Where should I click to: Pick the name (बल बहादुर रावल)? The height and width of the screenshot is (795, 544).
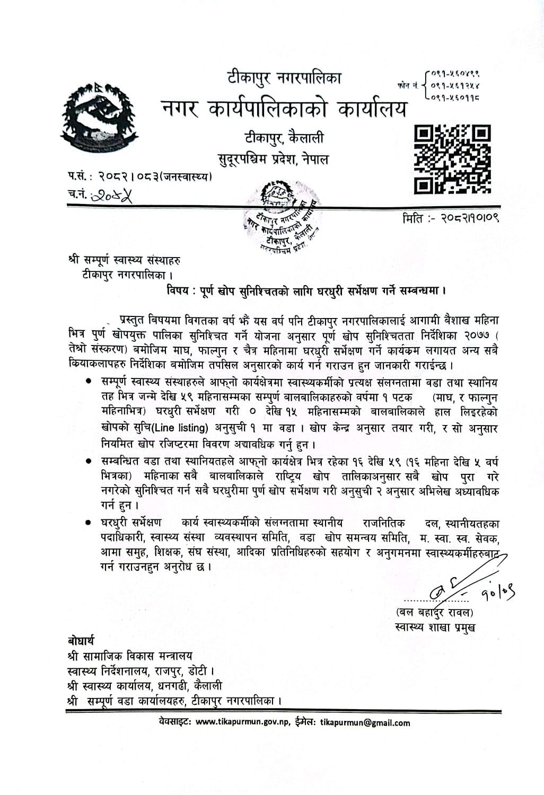click(x=434, y=613)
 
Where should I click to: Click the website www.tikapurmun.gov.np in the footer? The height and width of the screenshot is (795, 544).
click(x=242, y=722)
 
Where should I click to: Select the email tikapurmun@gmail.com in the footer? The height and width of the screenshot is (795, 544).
click(x=365, y=722)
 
